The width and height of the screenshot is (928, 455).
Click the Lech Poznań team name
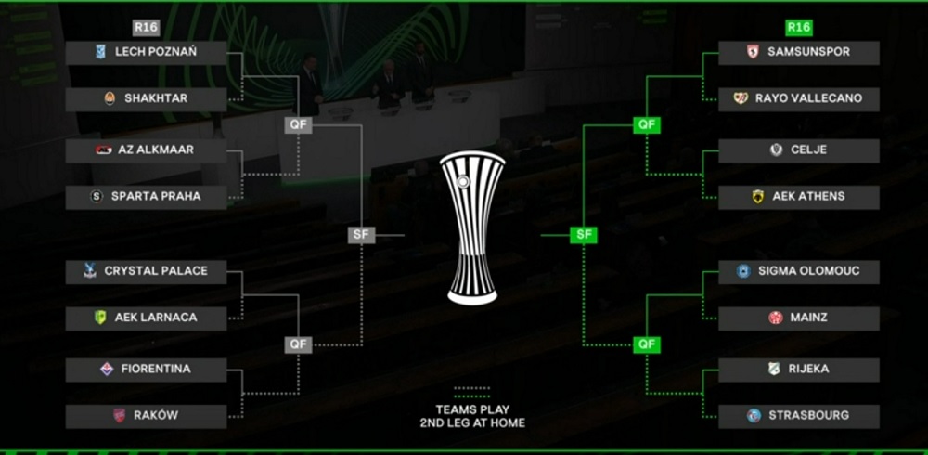pyautogui.click(x=156, y=52)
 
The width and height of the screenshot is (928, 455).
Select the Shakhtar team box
pyautogui.click(x=146, y=98)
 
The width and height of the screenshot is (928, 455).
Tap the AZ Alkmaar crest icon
pyautogui.click(x=103, y=149)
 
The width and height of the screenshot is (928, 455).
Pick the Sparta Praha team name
pyautogui.click(x=156, y=197)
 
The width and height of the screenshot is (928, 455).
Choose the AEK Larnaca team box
pyautogui.click(x=146, y=318)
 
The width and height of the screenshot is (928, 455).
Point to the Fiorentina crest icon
pyautogui.click(x=107, y=369)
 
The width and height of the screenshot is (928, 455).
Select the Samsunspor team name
pyautogui.click(x=808, y=52)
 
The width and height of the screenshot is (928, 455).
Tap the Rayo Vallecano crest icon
pyautogui.click(x=741, y=98)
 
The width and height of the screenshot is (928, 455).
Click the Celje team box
pyautogui.click(x=798, y=150)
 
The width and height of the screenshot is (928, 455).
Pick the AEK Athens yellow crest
pyautogui.click(x=758, y=197)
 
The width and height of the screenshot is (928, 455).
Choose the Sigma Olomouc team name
pyautogui.click(x=808, y=271)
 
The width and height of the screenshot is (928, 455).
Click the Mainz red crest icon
pyautogui.click(x=776, y=318)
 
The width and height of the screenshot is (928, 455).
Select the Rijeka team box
pyautogui.click(x=798, y=369)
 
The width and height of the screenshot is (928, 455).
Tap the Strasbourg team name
pyautogui.click(x=808, y=416)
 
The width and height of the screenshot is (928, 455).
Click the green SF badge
pyautogui.click(x=584, y=235)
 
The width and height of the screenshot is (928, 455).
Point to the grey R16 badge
pyautogui.click(x=147, y=28)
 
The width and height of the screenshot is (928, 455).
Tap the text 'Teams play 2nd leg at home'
pyautogui.click(x=472, y=417)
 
